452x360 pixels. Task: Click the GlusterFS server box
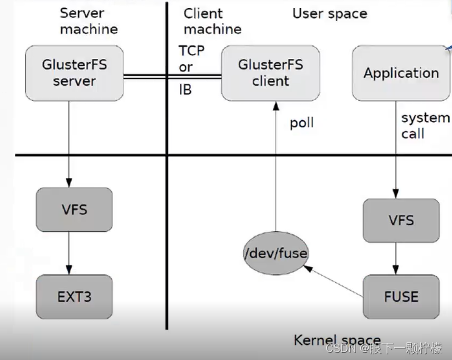click(74, 73)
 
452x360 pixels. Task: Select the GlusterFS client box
click(270, 73)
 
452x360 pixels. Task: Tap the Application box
click(401, 73)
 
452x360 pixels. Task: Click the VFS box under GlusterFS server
click(74, 210)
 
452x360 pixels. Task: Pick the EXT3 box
click(74, 297)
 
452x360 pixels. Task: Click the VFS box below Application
click(401, 220)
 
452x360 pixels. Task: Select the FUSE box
click(401, 297)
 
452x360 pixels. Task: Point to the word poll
click(301, 123)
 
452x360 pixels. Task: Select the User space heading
click(330, 13)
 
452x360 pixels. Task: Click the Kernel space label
click(337, 340)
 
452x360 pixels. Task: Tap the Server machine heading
click(89, 21)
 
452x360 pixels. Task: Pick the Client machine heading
click(212, 21)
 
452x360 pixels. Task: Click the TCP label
click(192, 50)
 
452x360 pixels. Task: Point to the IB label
click(185, 90)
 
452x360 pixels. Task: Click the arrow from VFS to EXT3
click(69, 253)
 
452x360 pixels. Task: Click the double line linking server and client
click(172, 76)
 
